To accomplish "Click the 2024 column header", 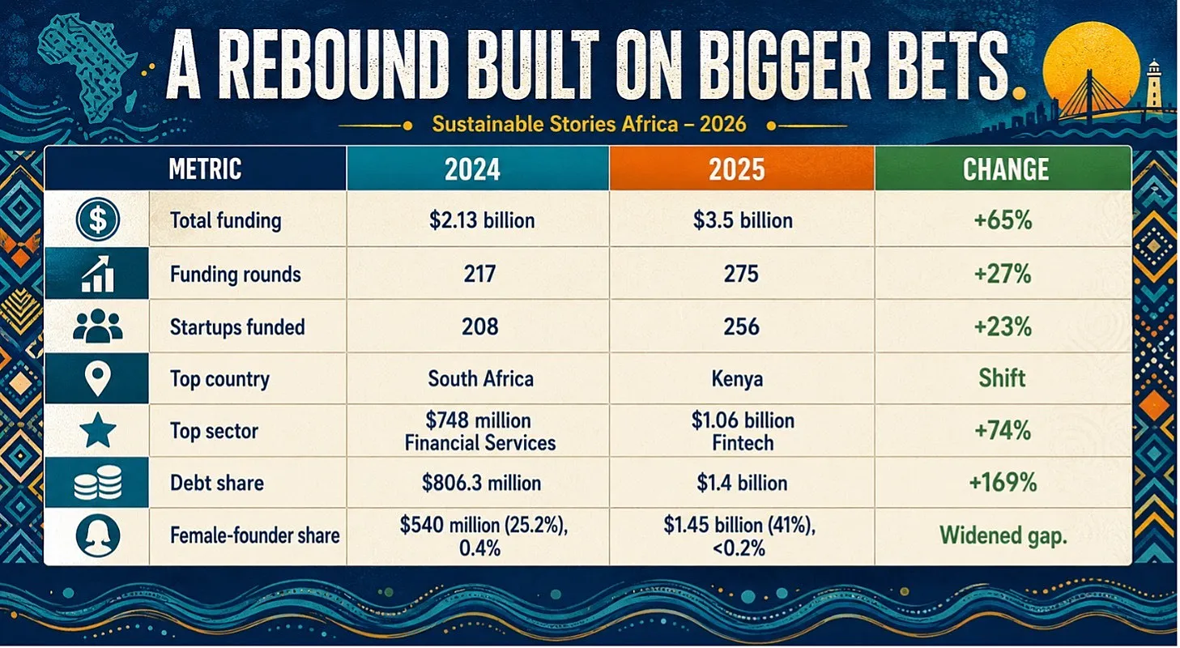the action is (478, 168).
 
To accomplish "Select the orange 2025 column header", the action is (742, 168).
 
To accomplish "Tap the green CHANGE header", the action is (1003, 168).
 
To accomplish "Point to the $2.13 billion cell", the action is (482, 220).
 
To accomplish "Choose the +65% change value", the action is (1003, 220).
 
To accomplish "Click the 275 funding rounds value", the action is (741, 274).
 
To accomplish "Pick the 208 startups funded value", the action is (480, 326).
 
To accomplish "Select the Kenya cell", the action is (737, 379).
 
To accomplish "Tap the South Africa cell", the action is (480, 379).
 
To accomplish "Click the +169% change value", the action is (1003, 483).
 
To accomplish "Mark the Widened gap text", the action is (1003, 535).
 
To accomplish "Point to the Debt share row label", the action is (217, 483).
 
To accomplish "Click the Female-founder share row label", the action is (254, 535).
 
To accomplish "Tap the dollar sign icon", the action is (97, 220).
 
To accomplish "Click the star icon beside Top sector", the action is (97, 430).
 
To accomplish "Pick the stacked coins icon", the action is (98, 483).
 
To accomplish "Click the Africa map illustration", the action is (86, 69).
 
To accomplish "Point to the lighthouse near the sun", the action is (1152, 91).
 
